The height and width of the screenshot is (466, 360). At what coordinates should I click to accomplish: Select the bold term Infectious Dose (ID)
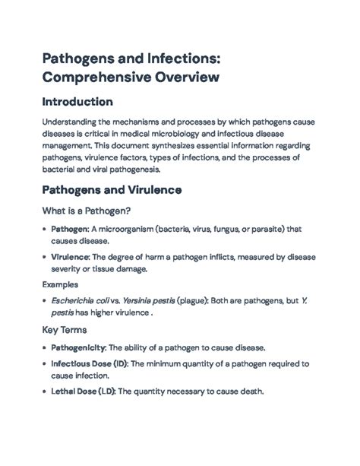[89, 364]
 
